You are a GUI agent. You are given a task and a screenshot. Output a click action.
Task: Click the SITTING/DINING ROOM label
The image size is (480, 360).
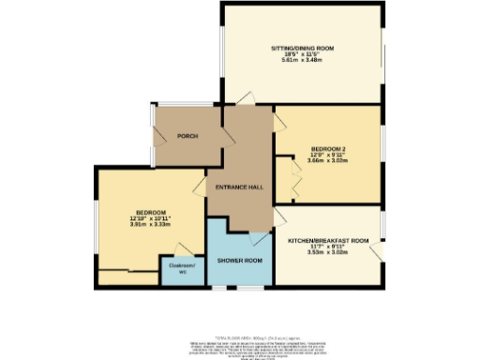(302, 47)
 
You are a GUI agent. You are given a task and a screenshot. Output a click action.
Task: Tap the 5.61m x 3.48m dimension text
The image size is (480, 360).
(302, 61)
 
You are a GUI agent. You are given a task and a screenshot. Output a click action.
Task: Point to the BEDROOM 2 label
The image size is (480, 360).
(327, 146)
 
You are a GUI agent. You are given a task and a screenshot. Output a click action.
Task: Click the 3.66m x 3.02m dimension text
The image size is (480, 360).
(327, 159)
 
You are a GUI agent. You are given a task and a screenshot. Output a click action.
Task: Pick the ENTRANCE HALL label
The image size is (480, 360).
(239, 187)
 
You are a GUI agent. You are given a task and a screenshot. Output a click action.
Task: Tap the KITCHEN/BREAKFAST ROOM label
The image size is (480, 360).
(328, 241)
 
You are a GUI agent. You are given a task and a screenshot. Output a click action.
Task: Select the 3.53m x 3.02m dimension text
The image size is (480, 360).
(328, 253)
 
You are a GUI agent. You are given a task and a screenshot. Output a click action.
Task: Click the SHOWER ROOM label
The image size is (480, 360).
(238, 259)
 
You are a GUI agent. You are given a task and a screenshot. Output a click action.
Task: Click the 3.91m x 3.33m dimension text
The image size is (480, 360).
(150, 225)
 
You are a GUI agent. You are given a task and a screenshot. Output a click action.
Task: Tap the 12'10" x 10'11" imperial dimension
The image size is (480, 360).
(150, 218)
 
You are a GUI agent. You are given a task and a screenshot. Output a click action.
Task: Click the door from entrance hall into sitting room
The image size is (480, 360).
(245, 97)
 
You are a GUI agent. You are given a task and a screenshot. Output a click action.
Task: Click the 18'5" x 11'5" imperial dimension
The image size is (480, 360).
(302, 54)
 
